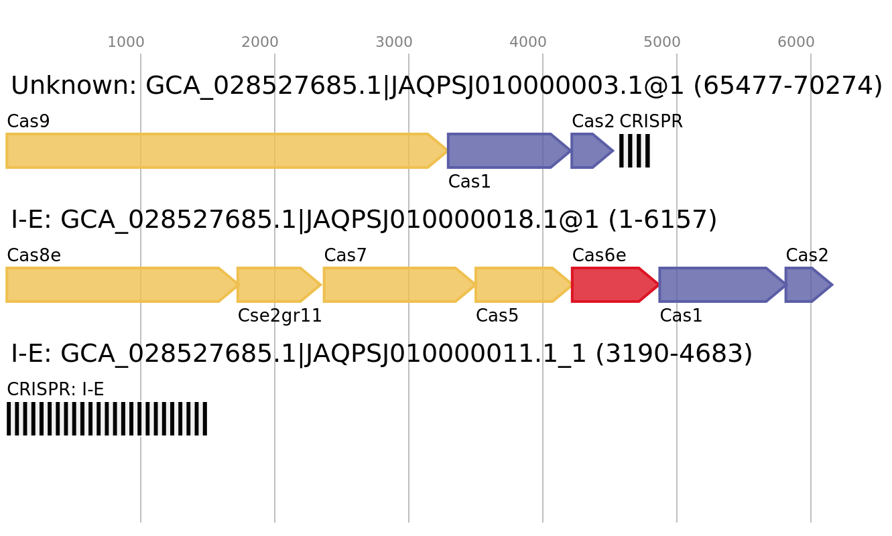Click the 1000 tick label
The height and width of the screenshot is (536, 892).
(x=126, y=42)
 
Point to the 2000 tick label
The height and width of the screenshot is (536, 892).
(x=260, y=42)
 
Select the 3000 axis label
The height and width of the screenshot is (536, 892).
(x=394, y=42)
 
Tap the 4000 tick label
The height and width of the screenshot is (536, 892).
(x=528, y=42)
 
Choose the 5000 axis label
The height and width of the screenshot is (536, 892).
(x=662, y=42)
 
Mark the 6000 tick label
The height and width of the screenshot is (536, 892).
(x=796, y=42)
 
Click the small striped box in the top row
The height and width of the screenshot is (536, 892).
(x=634, y=151)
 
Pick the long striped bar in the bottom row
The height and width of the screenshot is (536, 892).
(x=107, y=419)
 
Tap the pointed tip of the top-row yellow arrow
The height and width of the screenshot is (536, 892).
(x=447, y=151)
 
